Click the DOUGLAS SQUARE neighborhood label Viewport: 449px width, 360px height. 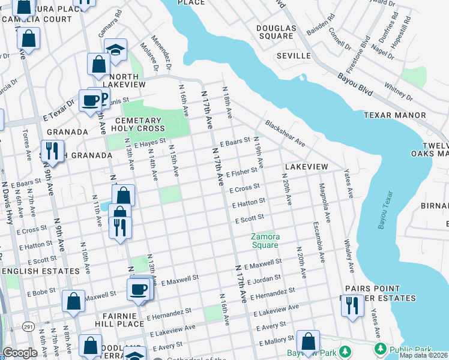pyautogui.click(x=276, y=32)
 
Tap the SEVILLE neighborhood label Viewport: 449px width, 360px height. pyautogui.click(x=294, y=56)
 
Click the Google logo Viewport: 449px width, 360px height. pyautogui.click(x=20, y=353)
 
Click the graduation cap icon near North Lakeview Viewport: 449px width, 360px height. pyautogui.click(x=116, y=50)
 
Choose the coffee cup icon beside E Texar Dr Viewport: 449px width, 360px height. pyautogui.click(x=91, y=100)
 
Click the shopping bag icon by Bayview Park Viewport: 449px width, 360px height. pyautogui.click(x=308, y=341)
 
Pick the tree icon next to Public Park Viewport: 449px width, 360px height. pyautogui.click(x=379, y=349)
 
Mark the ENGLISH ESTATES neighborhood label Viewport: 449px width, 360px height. pyautogui.click(x=40, y=271)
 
